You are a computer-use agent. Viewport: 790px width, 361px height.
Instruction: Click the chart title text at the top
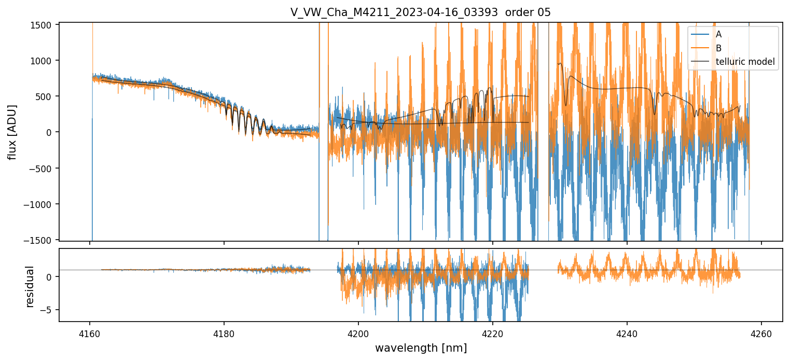(x=421, y=12)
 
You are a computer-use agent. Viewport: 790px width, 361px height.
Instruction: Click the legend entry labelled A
(x=718, y=34)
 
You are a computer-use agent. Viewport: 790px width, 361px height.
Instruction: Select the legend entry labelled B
(x=718, y=48)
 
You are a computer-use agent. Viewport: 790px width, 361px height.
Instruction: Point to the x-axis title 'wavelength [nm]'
(x=421, y=348)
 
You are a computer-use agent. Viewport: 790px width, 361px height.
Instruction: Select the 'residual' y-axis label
(x=30, y=286)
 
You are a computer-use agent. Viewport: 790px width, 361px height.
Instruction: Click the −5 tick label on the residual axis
(x=49, y=310)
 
